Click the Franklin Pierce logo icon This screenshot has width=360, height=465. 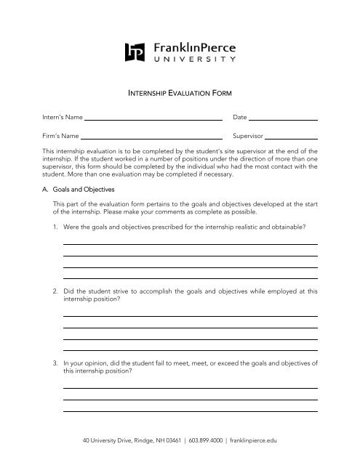coord(136,52)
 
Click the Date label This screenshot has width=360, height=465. coord(240,117)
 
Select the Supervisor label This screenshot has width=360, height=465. coord(247,136)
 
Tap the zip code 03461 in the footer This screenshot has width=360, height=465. coord(161,440)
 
